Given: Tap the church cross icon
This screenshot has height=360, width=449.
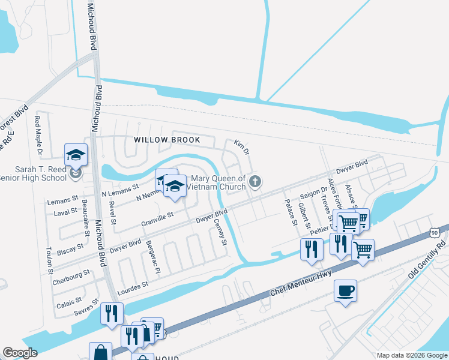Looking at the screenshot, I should [255, 181].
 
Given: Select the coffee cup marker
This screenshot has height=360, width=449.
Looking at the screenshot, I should [345, 291].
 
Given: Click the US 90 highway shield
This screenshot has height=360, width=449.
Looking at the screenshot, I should [435, 232].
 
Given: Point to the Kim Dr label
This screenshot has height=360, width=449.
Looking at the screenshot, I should [241, 147].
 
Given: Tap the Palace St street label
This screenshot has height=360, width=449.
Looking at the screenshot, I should [291, 213].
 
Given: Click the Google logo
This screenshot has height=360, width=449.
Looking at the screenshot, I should [20, 353].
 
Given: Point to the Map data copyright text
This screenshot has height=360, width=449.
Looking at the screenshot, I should [411, 355].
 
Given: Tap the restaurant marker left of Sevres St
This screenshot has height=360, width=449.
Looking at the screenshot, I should [112, 313].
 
